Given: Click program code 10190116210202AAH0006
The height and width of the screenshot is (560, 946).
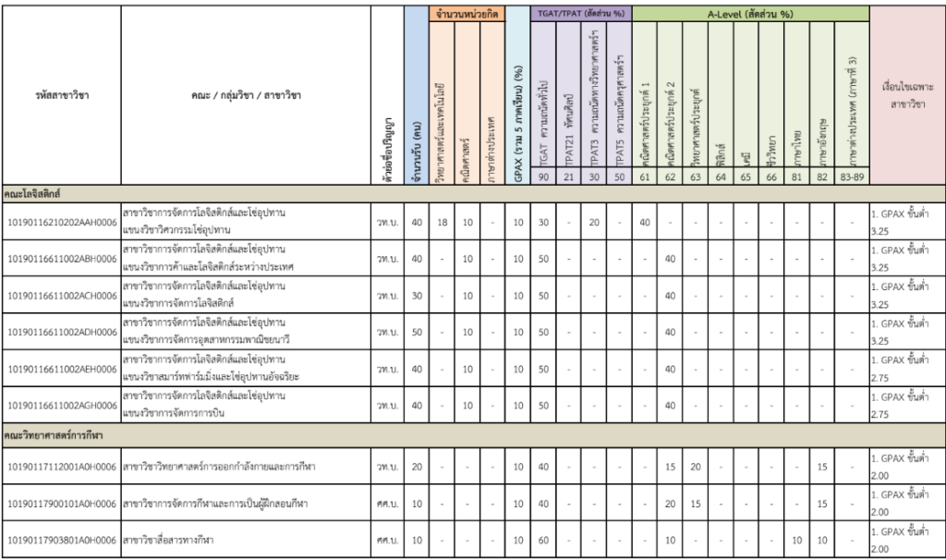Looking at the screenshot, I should (61, 223).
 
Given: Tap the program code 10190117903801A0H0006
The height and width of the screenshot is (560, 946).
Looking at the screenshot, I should (61, 540).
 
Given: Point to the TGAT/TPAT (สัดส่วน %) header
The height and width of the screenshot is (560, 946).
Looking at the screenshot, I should (580, 15).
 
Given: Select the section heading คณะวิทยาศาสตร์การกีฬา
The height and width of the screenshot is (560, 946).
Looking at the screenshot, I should (55, 433).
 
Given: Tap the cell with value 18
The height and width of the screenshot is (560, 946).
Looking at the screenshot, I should (443, 223).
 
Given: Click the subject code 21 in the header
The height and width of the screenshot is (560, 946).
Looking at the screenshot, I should (569, 177).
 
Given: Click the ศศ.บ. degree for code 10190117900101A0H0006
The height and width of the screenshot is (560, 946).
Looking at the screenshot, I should (386, 503).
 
